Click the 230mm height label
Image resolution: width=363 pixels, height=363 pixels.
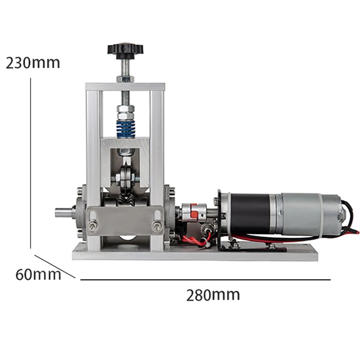coord(33,63)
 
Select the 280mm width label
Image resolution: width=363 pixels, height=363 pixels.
coord(213,295)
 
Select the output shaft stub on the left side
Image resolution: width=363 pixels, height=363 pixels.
coord(64,212)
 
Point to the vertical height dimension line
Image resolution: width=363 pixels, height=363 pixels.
coord(30,163)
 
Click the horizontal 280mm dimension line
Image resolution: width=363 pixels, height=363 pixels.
coord(205,280)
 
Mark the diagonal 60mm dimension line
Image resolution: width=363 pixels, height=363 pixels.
coord(54,266)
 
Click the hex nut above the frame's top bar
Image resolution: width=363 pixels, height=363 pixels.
coord(125,79)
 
